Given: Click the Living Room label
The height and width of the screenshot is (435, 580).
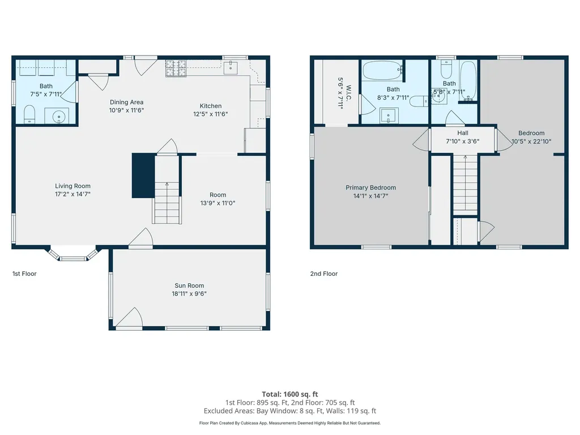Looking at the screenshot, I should [72, 186].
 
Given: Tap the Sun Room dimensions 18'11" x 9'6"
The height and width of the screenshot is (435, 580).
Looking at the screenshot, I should [189, 293].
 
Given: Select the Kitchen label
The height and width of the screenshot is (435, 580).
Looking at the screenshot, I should [210, 106].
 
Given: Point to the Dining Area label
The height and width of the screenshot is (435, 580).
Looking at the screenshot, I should [126, 103].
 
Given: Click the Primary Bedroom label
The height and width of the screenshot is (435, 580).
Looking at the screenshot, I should [370, 187].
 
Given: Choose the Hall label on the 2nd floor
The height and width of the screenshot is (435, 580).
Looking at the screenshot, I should [463, 134].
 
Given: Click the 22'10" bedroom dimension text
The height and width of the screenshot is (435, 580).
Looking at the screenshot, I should [531, 142].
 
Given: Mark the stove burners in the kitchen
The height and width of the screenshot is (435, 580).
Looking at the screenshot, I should [176, 69].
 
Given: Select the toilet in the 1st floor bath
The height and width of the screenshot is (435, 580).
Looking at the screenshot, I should [30, 116].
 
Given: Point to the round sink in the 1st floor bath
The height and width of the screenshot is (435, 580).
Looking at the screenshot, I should [60, 117].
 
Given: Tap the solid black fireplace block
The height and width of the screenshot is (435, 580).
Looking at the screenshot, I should [143, 176].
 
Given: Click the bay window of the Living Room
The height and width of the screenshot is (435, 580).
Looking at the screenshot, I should [73, 256].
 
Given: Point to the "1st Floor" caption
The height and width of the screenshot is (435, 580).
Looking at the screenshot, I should [24, 274].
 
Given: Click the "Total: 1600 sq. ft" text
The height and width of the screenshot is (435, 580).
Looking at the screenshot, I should [289, 394].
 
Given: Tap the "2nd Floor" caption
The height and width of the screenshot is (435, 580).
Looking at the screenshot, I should [323, 274].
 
